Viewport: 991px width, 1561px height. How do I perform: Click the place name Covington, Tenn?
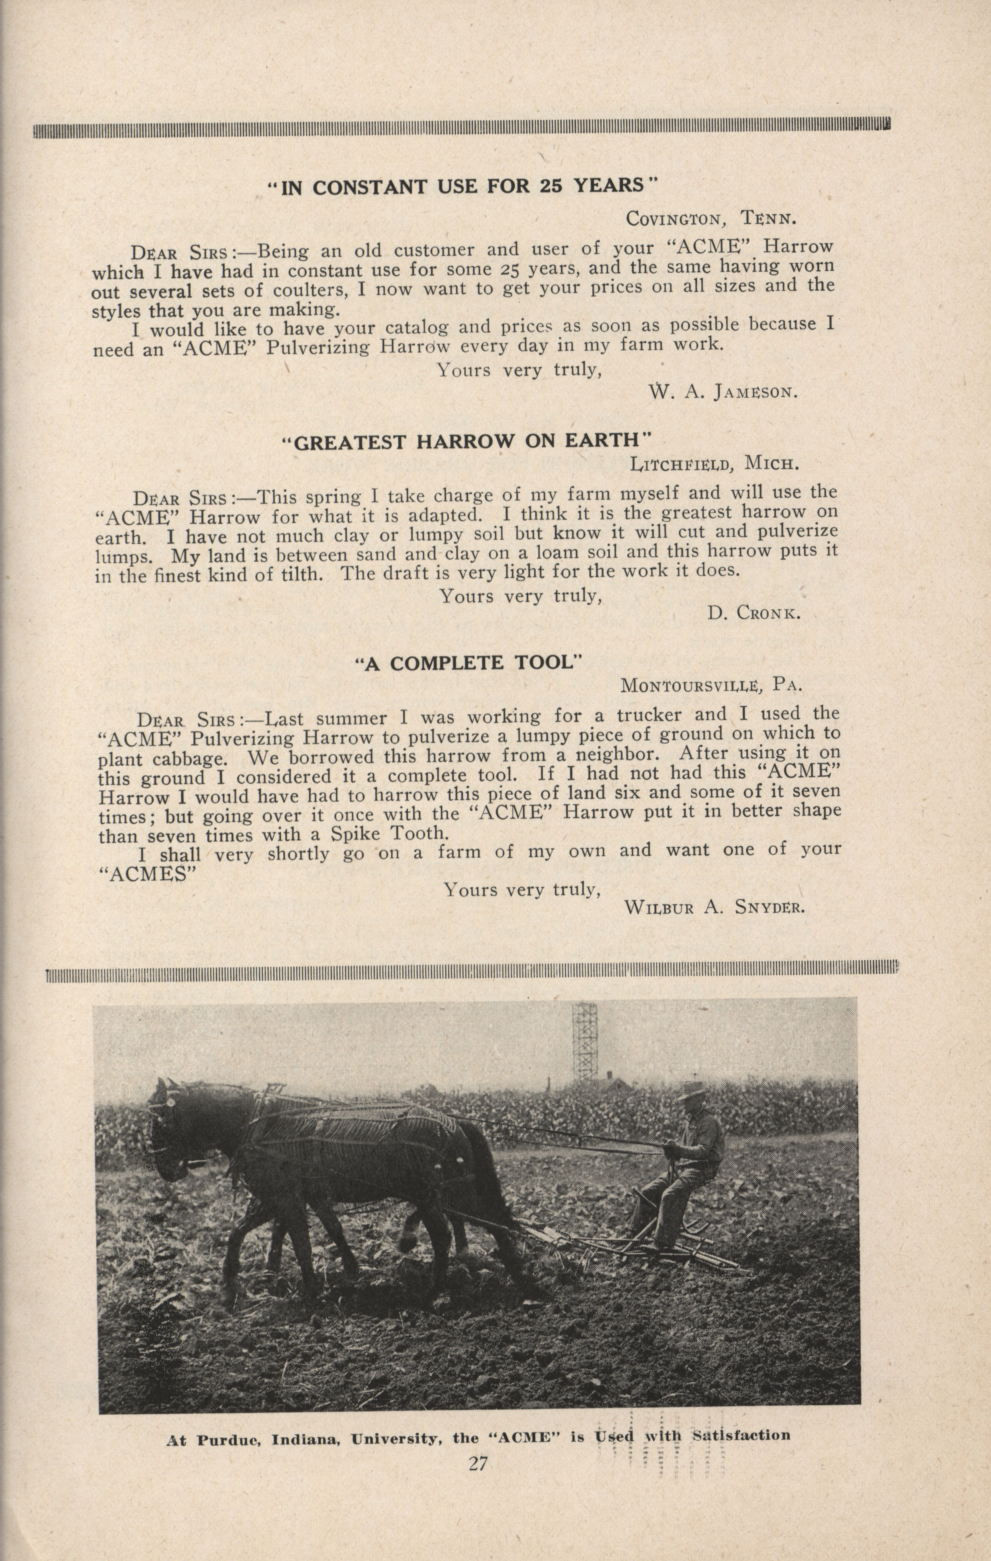711,218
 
